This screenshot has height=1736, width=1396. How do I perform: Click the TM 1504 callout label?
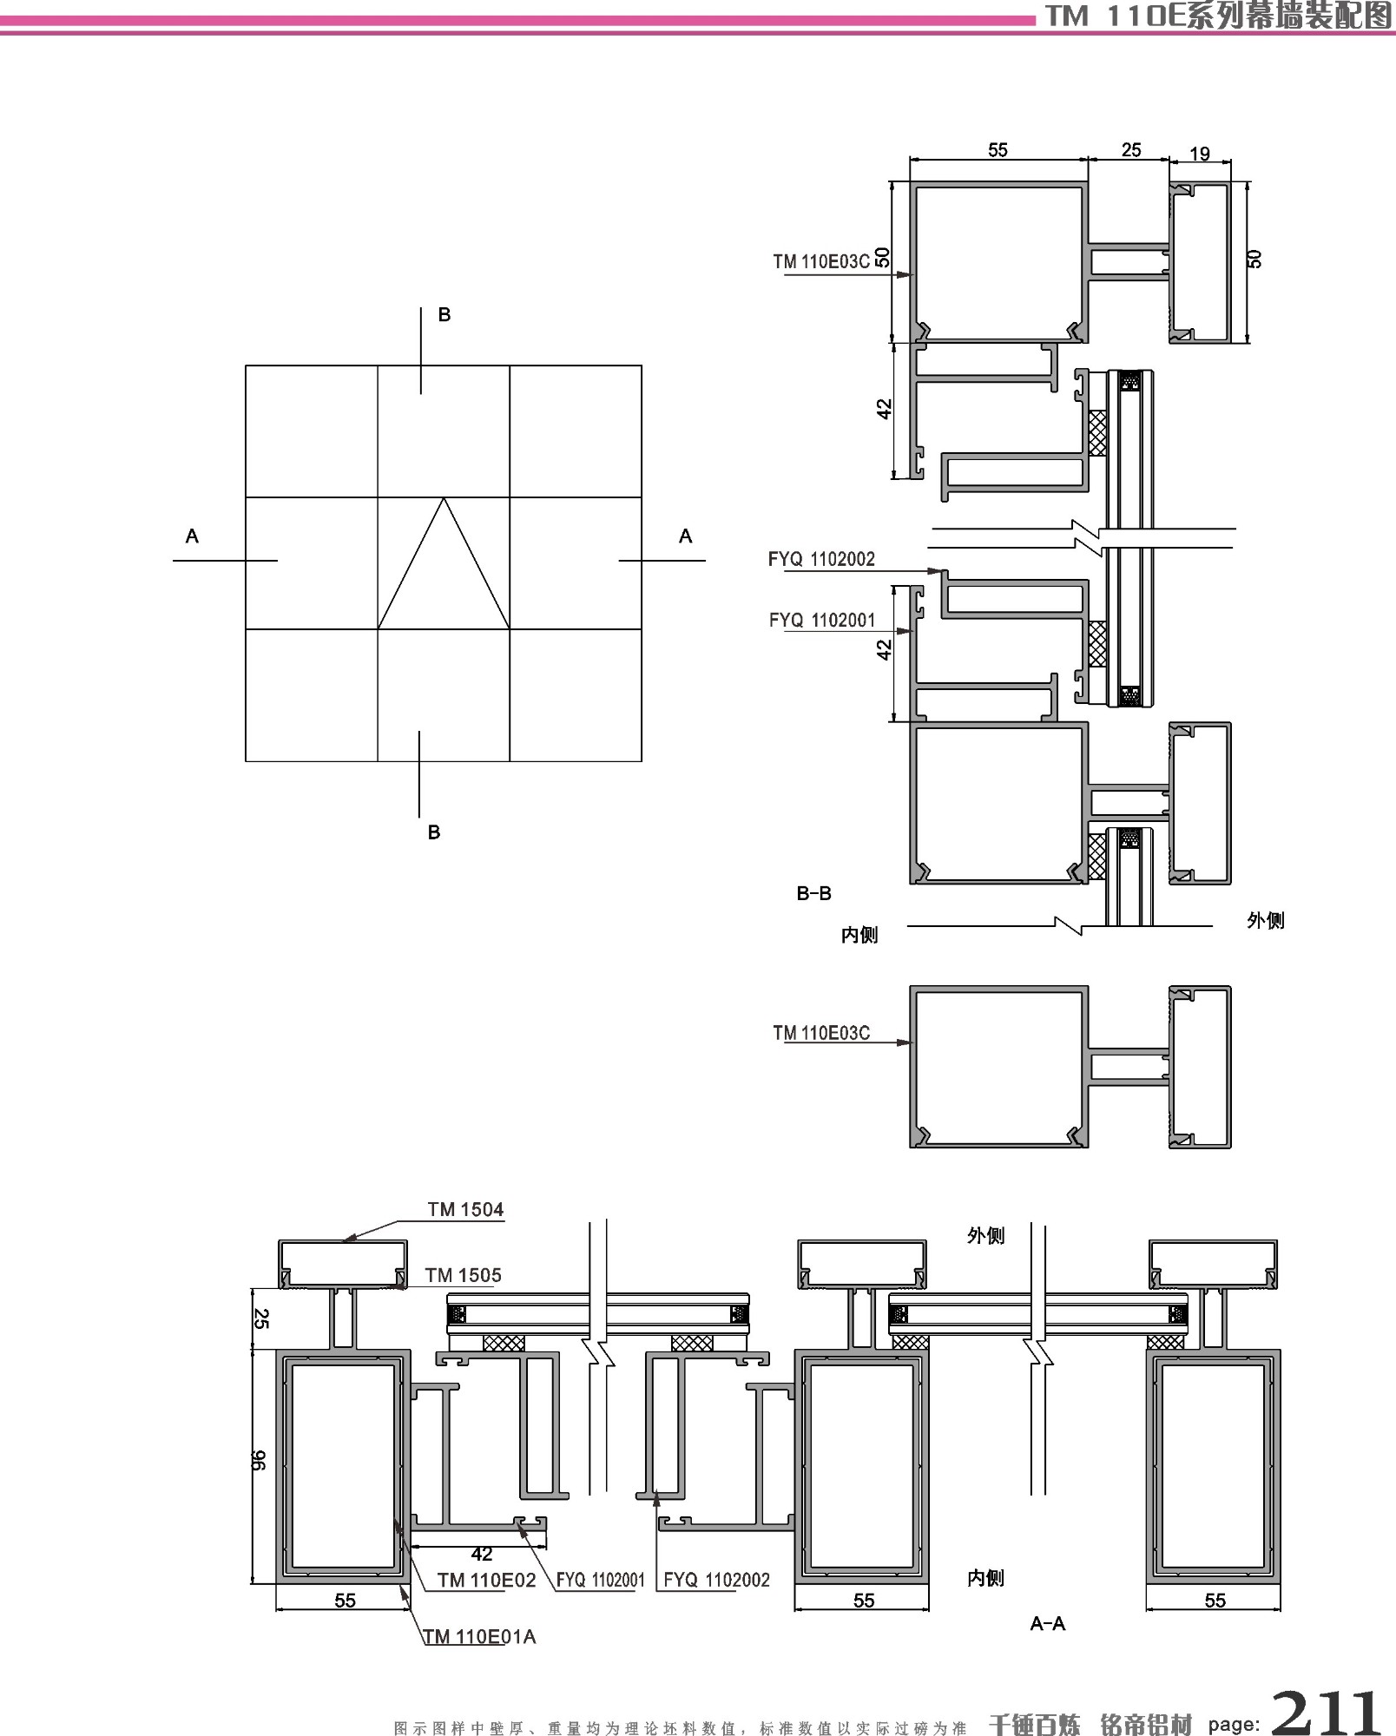(x=465, y=1209)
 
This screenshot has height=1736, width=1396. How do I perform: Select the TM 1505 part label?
(x=463, y=1275)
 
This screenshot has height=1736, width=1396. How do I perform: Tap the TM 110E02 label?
(x=486, y=1580)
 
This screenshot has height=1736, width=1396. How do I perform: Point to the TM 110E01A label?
(x=479, y=1636)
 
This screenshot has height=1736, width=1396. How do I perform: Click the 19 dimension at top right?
(x=1199, y=154)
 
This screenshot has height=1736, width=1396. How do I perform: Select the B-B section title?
(x=813, y=892)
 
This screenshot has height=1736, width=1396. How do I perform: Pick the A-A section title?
(x=1047, y=1622)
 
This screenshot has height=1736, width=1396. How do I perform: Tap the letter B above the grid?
(x=444, y=314)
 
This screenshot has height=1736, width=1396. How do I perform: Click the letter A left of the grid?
(x=192, y=536)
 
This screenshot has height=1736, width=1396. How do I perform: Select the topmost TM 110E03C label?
(x=820, y=261)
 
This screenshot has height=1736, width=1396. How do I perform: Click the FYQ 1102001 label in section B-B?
(x=821, y=620)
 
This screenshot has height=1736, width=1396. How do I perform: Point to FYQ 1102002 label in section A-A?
(x=716, y=1580)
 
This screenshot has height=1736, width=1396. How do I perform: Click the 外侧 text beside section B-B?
(x=1265, y=920)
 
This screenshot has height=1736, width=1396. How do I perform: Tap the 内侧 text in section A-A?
(x=985, y=1578)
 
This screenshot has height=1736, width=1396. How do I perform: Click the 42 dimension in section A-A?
(x=481, y=1554)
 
